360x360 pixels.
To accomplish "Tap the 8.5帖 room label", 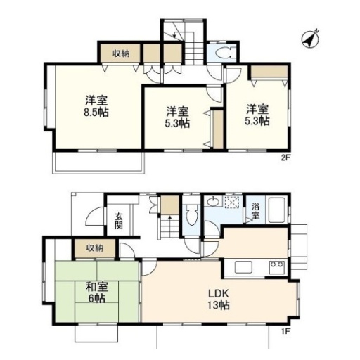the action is click(96, 106).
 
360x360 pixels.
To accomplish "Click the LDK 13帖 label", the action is click(219, 300).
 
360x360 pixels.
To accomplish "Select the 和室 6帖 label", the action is click(96, 292).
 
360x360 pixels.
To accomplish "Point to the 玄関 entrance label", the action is click(119, 221).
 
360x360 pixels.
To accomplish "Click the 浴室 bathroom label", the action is click(255, 212).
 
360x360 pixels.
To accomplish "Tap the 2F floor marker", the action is click(285, 157).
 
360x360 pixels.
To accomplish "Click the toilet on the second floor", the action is click(224, 52).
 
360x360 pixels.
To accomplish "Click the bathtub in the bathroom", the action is click(276, 210).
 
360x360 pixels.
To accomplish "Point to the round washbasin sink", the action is click(213, 201).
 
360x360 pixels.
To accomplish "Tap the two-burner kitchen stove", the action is click(276, 267).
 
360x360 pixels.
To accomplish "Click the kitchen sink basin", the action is click(243, 267).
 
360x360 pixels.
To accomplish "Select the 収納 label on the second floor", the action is click(121, 53).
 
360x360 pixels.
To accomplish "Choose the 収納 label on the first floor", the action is click(95, 247).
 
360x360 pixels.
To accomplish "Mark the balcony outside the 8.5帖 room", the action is click(98, 162).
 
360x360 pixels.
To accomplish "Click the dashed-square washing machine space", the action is click(232, 201).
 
